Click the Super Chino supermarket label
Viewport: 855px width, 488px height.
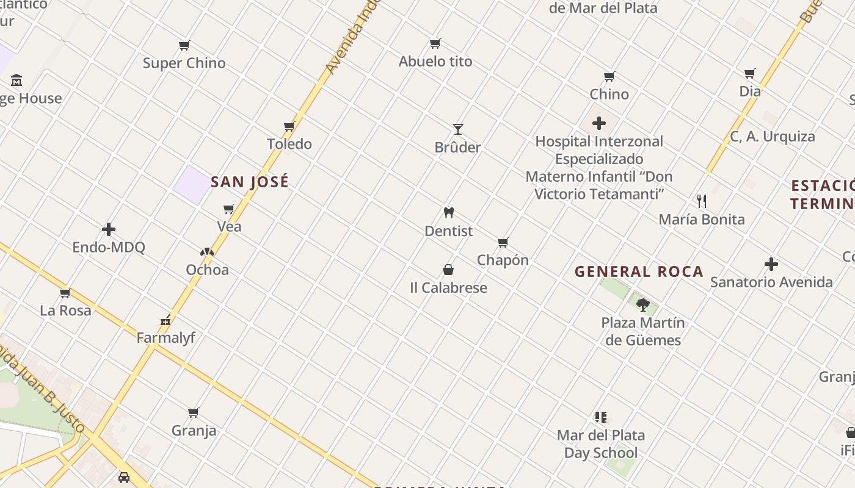[x=184, y=63]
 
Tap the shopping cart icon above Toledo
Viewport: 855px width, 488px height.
[x=289, y=127]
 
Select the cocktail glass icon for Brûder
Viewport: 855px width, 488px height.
[x=458, y=129]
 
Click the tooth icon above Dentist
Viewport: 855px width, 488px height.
[x=449, y=213]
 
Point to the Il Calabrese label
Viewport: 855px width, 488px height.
[x=448, y=288]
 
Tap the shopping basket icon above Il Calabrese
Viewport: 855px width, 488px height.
[x=448, y=270]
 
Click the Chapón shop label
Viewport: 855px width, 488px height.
[x=503, y=260]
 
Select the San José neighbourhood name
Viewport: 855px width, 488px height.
[x=250, y=182]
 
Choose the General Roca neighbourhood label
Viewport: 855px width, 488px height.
[x=639, y=272]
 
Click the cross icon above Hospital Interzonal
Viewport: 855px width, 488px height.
[x=599, y=123]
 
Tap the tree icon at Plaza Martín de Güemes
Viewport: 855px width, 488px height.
[x=642, y=304]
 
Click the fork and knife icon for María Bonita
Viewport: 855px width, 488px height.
[x=702, y=201]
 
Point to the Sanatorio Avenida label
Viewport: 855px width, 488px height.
[x=771, y=282]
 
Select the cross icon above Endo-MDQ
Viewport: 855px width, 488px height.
[x=109, y=229]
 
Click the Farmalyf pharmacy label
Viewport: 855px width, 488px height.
[x=166, y=337]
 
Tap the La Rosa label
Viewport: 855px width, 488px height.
[x=65, y=310]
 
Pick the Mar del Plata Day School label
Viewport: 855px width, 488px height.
[x=601, y=444]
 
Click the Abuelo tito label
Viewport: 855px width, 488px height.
[x=435, y=62]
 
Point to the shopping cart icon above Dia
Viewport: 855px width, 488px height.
[x=750, y=74]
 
